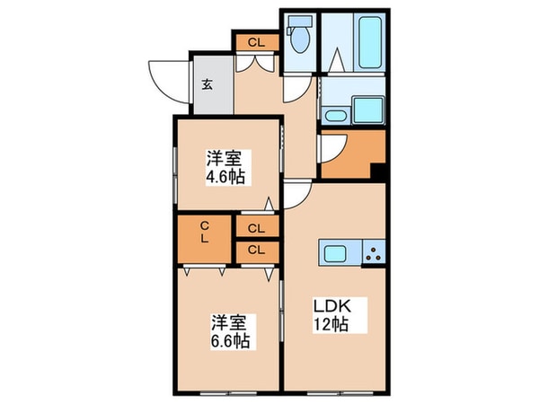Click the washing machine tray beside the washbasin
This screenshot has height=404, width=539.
pos(368,112)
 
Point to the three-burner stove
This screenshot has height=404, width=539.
pos(373,254)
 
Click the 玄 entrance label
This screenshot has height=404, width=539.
pos(207,85)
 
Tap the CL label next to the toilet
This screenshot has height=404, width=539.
pos(256,41)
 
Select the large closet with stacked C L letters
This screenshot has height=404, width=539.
pos(205,233)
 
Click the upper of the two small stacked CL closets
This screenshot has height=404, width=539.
pos(255,228)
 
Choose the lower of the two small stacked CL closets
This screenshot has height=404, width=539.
pos(255,250)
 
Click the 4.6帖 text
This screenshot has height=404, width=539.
pos(225,177)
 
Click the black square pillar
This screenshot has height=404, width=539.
pos(378,171)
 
